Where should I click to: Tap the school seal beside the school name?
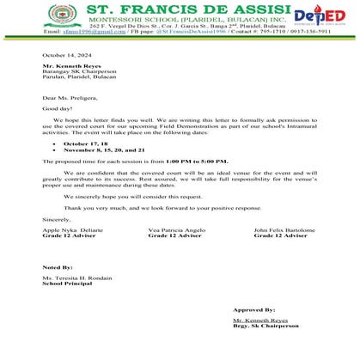pyautogui.click(x=58, y=17)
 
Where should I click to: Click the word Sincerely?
pyautogui.click(x=57, y=219)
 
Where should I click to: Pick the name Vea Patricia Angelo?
pyautogui.click(x=177, y=230)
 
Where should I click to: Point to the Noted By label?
pyautogui.click(x=58, y=268)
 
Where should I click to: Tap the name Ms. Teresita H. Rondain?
pyautogui.click(x=77, y=279)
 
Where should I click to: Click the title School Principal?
pyautogui.click(x=70, y=284)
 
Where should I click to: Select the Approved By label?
pyautogui.click(x=253, y=309)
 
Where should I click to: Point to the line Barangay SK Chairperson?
pyautogui.click(x=79, y=71)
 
